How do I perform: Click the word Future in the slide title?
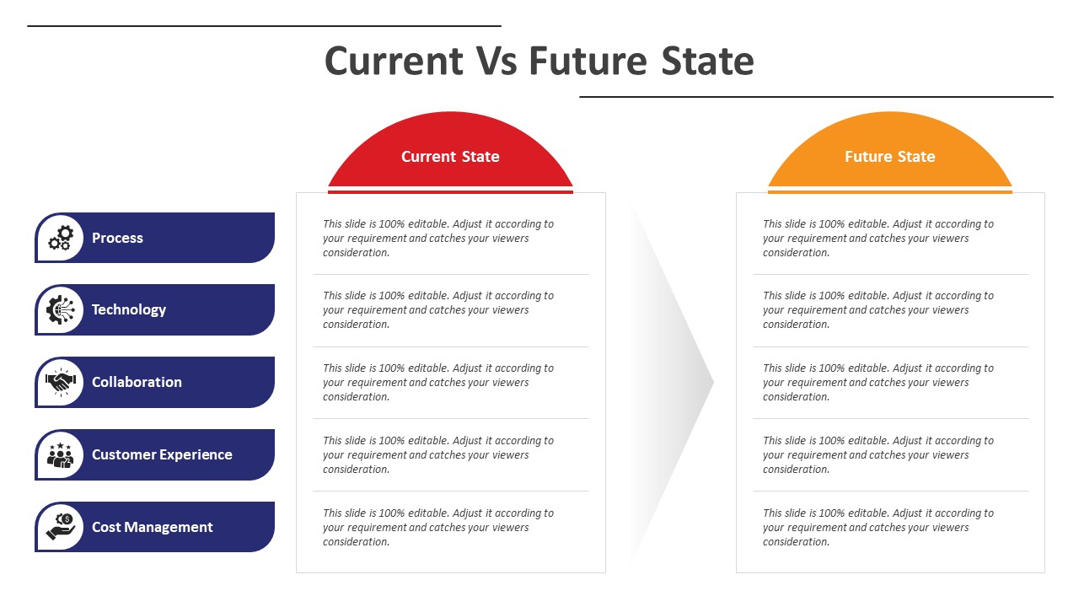point(588,61)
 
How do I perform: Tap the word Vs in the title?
point(497,61)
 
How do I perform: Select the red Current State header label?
point(450,157)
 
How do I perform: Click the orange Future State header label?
point(889,157)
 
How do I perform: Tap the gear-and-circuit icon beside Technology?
point(61,309)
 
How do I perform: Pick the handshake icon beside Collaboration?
point(61,382)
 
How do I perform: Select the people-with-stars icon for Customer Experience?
point(61,454)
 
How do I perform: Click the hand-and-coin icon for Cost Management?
point(61,527)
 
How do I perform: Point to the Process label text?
point(117,238)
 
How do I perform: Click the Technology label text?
point(129,309)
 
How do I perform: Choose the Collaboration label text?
point(137,382)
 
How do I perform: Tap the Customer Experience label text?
point(162,454)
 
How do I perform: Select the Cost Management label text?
point(153,527)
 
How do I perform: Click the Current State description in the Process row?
point(438,238)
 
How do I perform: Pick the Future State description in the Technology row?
point(878,309)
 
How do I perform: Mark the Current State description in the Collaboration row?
point(438,382)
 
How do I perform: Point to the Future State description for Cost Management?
point(878,527)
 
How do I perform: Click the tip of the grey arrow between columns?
point(713,383)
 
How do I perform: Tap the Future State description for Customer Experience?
point(878,454)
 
